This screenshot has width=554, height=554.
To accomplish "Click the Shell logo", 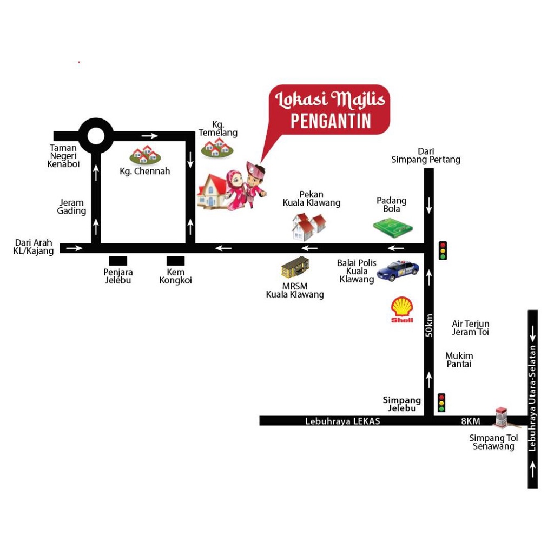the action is coord(402,309).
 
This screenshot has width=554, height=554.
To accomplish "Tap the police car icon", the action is coord(398,271).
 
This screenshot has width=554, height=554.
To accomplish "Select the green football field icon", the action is coord(393,228).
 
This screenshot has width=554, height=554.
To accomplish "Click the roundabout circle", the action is coord(96,135).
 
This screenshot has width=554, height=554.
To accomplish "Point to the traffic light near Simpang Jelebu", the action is coord(441,403).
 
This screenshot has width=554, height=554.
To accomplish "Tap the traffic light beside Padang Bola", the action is coord(443,250).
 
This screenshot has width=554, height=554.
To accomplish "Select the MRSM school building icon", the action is coord(295,268).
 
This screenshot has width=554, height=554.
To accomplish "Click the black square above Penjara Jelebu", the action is coord(118,261).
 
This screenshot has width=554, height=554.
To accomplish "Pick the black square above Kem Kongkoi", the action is coord(175,261).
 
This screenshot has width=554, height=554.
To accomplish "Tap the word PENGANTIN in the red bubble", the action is coord(331,121).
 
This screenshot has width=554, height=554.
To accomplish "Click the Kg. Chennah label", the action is coord(144,172).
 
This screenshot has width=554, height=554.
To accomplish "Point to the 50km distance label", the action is coord(429,325).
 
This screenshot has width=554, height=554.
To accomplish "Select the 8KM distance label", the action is coord(471,421).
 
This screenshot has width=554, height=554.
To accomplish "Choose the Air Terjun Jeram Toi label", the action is coord(471,328).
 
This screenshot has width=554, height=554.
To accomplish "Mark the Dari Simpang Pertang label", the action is coord(426,155).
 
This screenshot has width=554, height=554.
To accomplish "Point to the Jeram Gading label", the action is coord(71,207).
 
